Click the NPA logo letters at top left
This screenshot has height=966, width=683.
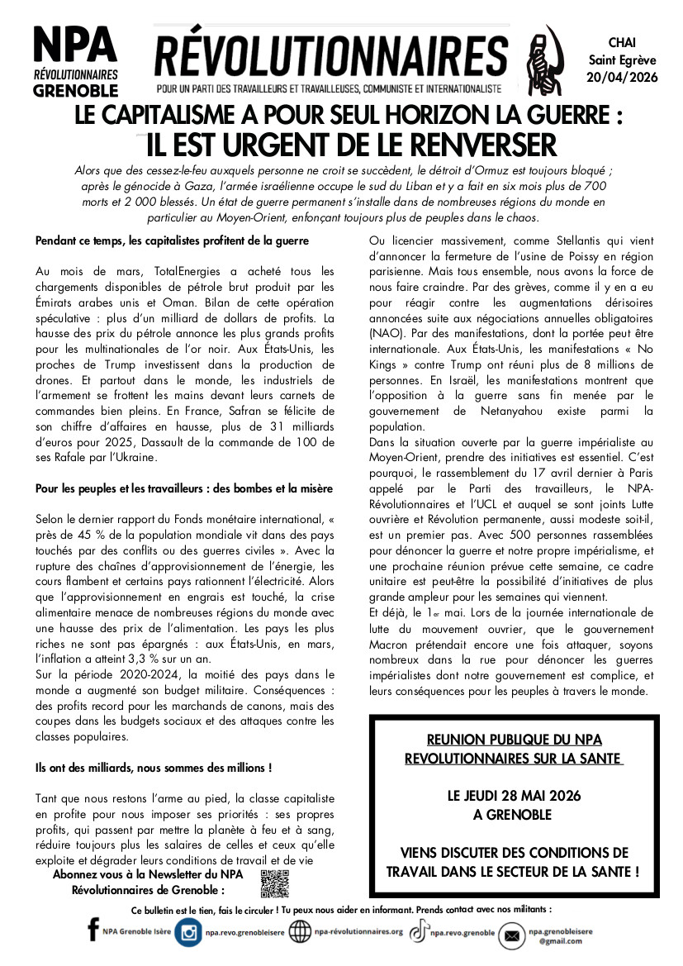coord(74,45)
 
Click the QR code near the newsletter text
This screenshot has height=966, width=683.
coord(274,883)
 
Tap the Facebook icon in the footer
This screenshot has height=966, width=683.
coord(92,931)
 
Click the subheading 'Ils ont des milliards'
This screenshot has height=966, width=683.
coord(154,768)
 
